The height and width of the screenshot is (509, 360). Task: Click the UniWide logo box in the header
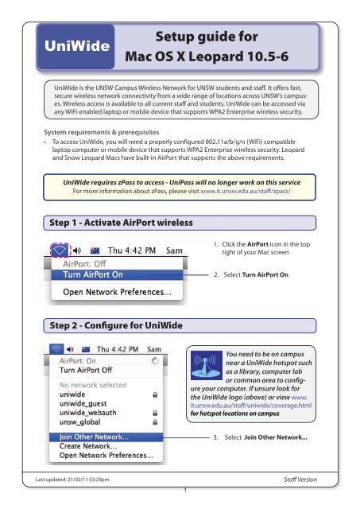[x=75, y=46]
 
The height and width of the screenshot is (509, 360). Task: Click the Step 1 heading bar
[x=180, y=223]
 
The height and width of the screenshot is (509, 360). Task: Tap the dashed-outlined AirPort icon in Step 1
[x=60, y=250]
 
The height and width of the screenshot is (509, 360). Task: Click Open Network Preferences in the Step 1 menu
[x=117, y=292]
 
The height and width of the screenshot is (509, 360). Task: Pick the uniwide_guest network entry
[x=83, y=403]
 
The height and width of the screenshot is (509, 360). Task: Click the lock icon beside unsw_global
[x=155, y=422]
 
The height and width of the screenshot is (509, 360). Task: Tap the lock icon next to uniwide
[x=155, y=394]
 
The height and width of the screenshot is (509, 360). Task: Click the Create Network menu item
[x=88, y=446]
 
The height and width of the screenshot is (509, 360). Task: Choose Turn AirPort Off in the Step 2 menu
[x=86, y=370]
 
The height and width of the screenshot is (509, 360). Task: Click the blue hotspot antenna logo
[x=207, y=365]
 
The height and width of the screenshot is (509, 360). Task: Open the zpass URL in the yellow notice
[x=246, y=191]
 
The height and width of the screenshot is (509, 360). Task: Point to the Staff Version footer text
[x=300, y=479]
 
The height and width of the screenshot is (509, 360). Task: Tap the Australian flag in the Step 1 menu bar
[x=95, y=251]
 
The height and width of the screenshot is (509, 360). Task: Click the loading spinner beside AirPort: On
[x=155, y=360]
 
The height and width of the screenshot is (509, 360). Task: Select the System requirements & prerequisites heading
[x=102, y=132]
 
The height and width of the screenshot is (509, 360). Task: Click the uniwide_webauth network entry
[x=88, y=413]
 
